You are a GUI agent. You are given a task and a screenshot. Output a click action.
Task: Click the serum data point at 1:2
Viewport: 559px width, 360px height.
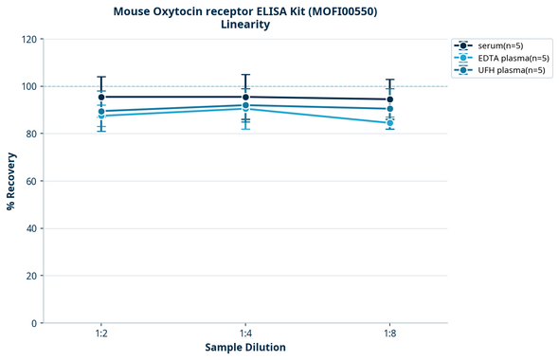[x=101, y=97]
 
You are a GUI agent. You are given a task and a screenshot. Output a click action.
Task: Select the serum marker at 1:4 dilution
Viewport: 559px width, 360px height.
[x=245, y=97]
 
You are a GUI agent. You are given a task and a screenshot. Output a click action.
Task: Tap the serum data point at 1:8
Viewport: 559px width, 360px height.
[x=389, y=99]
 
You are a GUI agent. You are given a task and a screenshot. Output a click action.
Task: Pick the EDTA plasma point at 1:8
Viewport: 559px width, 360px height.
[x=389, y=123]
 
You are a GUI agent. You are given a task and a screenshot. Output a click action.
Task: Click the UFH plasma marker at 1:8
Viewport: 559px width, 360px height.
[x=389, y=109]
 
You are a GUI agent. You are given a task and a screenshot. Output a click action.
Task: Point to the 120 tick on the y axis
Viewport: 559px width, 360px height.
[x=28, y=40]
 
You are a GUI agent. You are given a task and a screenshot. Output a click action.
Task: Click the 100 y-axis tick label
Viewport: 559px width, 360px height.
[x=28, y=87]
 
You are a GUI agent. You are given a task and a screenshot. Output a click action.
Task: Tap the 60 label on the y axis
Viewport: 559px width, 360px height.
[x=31, y=181]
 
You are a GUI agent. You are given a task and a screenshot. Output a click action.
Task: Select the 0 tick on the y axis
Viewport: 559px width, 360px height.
[x=34, y=323]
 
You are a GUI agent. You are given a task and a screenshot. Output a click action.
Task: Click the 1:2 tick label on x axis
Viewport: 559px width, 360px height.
[x=101, y=334]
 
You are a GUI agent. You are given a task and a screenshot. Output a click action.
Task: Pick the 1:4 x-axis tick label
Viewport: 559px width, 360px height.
[x=245, y=334]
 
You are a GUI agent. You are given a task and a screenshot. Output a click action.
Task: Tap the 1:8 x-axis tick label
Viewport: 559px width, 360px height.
[x=389, y=334]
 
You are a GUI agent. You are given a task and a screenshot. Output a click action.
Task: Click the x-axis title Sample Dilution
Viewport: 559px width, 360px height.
[x=245, y=348]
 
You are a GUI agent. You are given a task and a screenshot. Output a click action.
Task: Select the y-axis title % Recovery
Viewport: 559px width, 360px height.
[x=11, y=181]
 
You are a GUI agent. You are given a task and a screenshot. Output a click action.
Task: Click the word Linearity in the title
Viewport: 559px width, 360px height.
[x=244, y=25]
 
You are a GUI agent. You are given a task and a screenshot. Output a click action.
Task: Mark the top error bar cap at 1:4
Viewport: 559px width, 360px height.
[x=245, y=75]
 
